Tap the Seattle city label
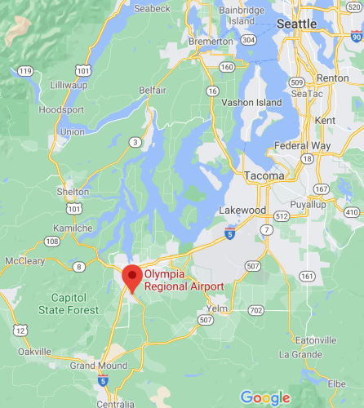[x=297, y=24]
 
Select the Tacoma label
[x=264, y=175]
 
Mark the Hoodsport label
[x=58, y=109]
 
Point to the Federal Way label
[x=303, y=146]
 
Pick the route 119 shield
[x=25, y=72]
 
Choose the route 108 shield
[x=51, y=241]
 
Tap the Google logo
[x=265, y=397]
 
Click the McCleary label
[x=24, y=260]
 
